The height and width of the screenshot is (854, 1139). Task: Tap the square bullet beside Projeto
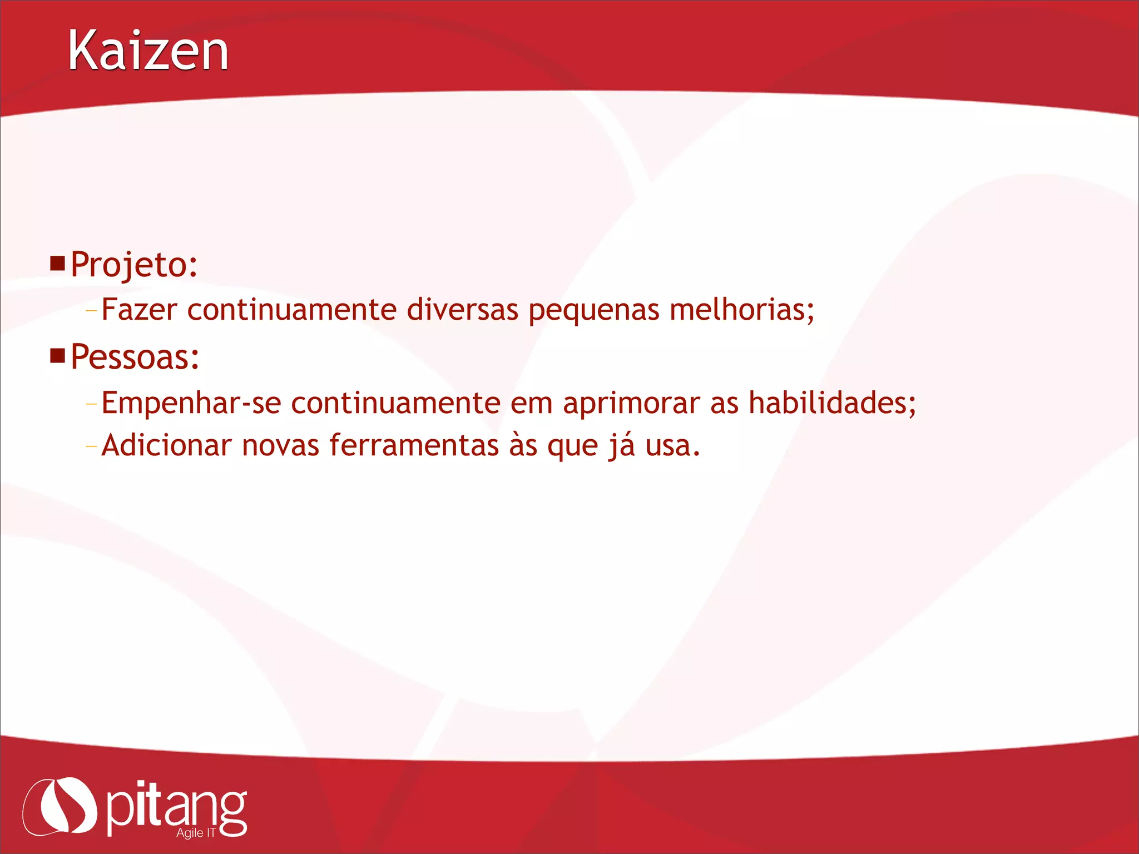click(x=57, y=263)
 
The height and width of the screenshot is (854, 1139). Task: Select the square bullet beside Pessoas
click(x=57, y=355)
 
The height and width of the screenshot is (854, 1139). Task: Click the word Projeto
click(x=133, y=265)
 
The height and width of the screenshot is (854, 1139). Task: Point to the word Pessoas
click(x=135, y=357)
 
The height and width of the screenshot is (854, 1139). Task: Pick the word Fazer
click(x=139, y=310)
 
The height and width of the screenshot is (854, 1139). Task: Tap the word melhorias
click(x=741, y=310)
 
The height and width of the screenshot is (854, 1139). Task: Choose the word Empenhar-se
click(x=191, y=403)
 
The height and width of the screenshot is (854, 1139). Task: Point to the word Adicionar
click(x=166, y=445)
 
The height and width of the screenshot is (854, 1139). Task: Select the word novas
click(x=280, y=445)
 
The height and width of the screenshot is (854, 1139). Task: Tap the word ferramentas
click(x=414, y=445)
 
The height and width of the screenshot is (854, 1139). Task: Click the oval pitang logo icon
click(x=60, y=806)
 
